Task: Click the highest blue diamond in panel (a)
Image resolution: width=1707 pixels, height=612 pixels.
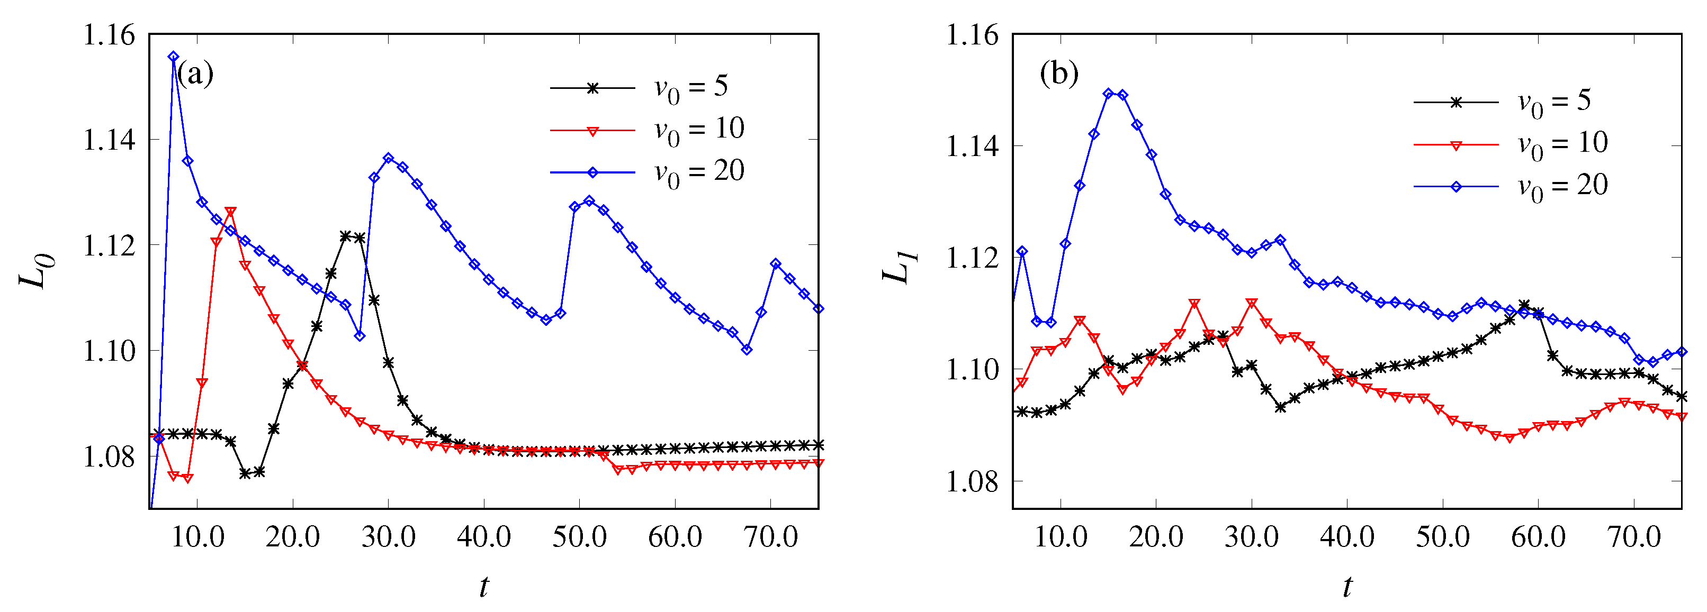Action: click(174, 57)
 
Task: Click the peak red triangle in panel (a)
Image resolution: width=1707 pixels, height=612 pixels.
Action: click(231, 211)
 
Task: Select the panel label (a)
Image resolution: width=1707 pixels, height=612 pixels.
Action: click(195, 73)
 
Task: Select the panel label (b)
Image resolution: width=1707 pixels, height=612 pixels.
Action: click(1059, 73)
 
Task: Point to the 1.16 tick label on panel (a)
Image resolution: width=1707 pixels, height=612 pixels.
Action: click(108, 34)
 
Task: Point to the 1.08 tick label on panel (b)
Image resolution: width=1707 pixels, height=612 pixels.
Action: click(972, 481)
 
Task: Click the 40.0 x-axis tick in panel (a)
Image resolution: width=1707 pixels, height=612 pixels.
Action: click(484, 536)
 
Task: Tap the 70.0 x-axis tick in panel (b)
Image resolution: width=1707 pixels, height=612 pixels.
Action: click(1634, 536)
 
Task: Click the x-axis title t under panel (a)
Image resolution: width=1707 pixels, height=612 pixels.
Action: click(484, 587)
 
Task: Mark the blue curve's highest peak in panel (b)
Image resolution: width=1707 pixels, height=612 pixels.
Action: click(1109, 94)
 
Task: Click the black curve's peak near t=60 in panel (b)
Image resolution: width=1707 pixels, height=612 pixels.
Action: click(1524, 305)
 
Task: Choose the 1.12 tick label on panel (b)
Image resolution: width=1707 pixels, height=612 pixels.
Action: click(972, 258)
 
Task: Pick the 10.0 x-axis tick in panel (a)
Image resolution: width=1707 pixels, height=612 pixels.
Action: click(197, 536)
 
